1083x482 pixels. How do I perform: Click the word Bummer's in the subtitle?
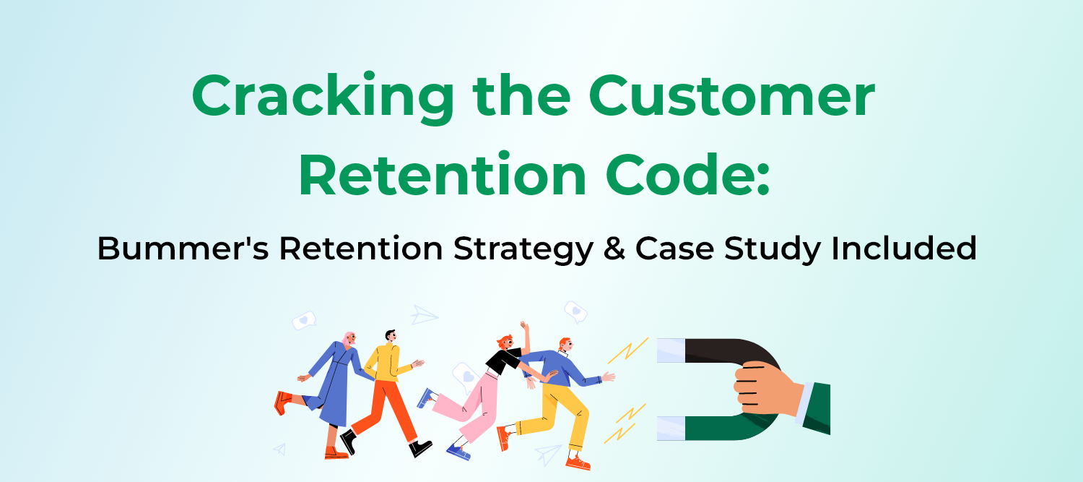tap(181, 249)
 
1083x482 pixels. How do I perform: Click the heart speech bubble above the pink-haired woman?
tap(304, 320)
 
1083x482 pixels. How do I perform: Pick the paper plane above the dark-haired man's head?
tap(425, 315)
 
